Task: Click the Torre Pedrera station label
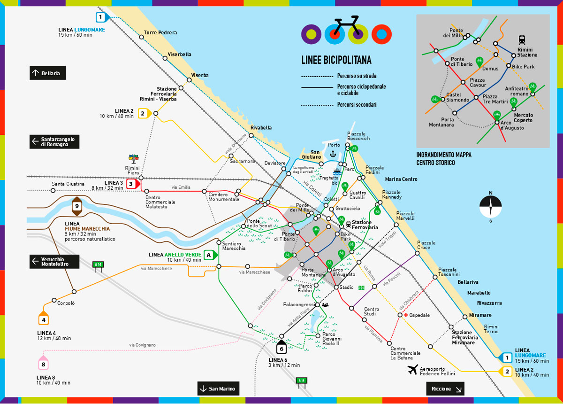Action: coord(160,33)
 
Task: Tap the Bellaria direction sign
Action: coord(47,73)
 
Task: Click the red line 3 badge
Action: coord(132,184)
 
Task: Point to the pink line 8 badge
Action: coord(44,364)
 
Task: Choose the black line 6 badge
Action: coord(281,348)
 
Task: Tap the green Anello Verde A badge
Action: coord(209,255)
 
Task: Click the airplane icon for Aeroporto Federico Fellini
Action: coord(413,370)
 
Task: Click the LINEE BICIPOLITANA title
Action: coord(336,60)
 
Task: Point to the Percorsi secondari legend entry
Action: coord(357,105)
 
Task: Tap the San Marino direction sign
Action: coord(219,389)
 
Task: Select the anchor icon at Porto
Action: coord(334,154)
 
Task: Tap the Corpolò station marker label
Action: coord(66,303)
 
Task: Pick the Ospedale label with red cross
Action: coord(417,315)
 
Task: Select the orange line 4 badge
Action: coord(44,320)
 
